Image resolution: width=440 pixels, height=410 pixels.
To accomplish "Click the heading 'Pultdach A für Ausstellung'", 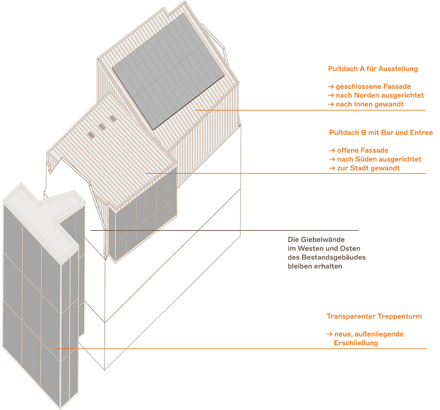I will coord(373,69).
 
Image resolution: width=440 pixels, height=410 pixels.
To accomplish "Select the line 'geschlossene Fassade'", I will coord(373,87).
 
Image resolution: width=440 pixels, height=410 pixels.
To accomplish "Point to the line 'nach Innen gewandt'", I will coord(370,104).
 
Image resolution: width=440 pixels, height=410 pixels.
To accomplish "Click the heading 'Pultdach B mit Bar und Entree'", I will coord(381,132).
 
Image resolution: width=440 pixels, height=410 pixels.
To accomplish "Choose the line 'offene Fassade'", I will coord(362,150).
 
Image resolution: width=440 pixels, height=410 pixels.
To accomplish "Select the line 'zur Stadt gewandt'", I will coord(368,168).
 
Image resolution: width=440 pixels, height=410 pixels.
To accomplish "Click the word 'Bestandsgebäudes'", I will coord(333,257).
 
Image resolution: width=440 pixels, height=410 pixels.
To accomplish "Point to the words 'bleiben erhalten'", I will coord(315,266).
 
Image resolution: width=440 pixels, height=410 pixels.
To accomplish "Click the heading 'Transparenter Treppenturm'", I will coord(374,316).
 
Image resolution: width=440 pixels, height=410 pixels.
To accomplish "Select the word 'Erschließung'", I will coord(356,343).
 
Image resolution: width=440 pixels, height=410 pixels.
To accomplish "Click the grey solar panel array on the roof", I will coord(168,71).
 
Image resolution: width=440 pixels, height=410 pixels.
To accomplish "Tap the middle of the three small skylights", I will coord(102,127).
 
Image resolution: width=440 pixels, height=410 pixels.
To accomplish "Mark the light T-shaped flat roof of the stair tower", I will coord(44,213).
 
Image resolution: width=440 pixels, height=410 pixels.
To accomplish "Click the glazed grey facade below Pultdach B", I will coord(143,220).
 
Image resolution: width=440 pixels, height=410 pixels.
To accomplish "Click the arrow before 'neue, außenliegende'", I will coord(329,334).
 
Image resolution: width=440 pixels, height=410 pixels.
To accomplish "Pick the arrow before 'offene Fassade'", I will coord(332,151).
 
